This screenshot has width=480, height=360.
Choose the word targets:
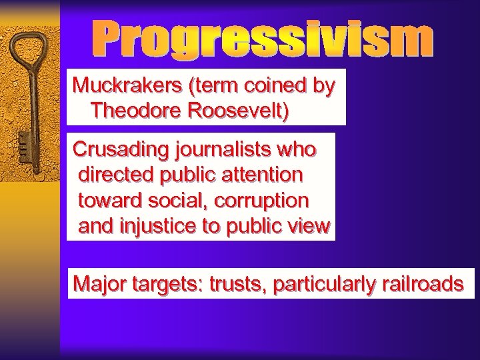pyautogui.click(x=167, y=284)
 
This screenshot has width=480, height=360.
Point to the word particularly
pyautogui.click(x=325, y=284)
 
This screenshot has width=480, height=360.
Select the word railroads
pyautogui.click(x=423, y=284)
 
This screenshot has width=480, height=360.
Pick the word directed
pyautogui.click(x=115, y=175)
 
